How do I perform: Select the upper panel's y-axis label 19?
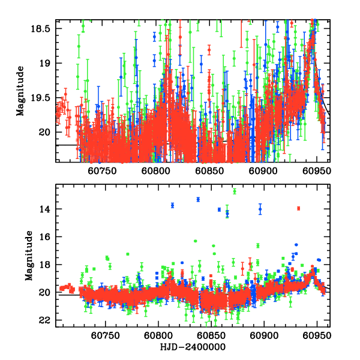click(x=49, y=63)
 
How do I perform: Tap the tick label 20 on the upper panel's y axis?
click(x=49, y=132)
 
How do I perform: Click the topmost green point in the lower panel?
click(x=235, y=191)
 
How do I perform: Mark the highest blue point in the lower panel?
click(x=198, y=199)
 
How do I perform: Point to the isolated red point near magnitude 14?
click(x=298, y=208)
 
